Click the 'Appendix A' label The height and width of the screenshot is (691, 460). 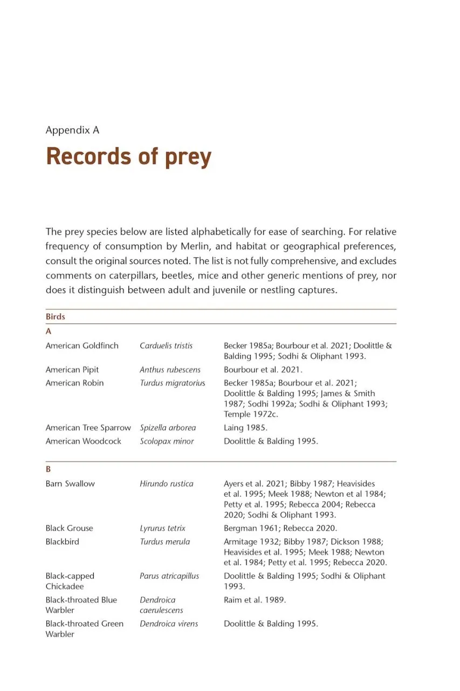[72, 130]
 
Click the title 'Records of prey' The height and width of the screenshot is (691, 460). [128, 157]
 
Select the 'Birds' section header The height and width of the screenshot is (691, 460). [56, 317]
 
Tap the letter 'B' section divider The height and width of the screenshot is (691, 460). [49, 470]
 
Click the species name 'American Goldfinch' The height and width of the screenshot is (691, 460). [82, 345]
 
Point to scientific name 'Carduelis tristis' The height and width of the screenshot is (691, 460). [166, 345]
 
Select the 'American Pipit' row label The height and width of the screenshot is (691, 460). [72, 370]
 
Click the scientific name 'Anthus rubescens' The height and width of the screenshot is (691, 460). [170, 370]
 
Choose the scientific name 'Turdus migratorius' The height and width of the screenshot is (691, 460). [173, 383]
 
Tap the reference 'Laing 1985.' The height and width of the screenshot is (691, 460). [245, 428]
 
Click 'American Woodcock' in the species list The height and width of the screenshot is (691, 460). [84, 441]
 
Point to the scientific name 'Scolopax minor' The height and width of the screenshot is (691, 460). [167, 441]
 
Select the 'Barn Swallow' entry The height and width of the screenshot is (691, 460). [70, 484]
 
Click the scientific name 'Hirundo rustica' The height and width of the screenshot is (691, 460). [166, 484]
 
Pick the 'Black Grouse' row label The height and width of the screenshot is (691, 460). [69, 528]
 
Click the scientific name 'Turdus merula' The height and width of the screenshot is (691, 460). [164, 541]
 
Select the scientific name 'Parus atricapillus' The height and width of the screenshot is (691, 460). [169, 576]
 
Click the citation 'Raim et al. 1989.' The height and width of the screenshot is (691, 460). [255, 600]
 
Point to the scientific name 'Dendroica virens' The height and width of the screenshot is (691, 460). [169, 624]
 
